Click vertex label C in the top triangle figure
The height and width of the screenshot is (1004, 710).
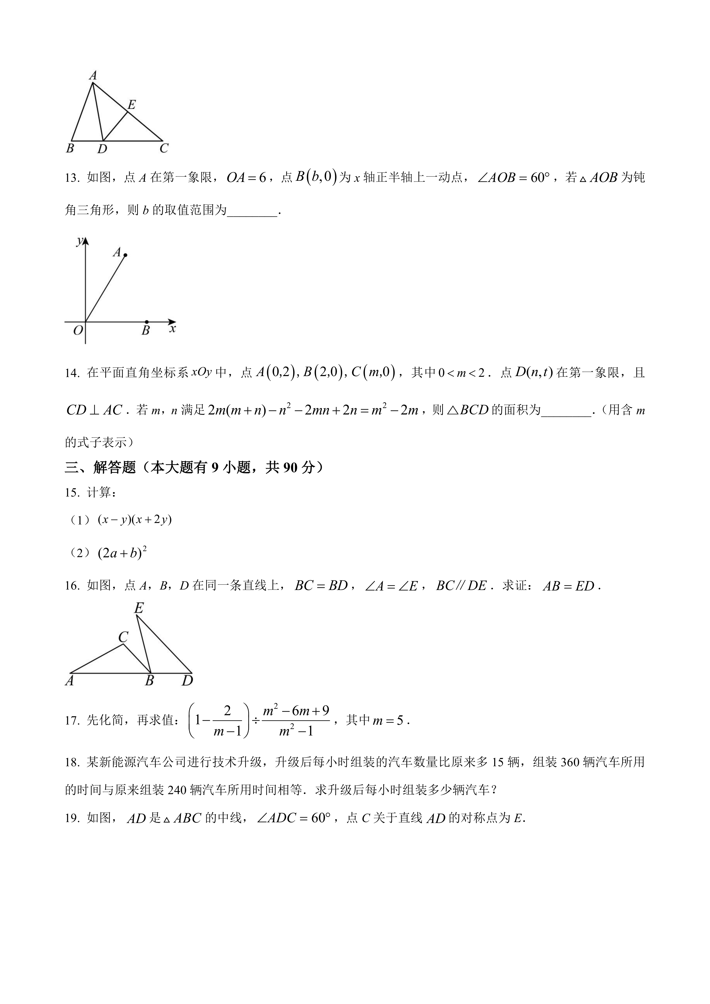pos(164,149)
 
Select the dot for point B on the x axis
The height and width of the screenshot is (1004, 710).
pos(146,322)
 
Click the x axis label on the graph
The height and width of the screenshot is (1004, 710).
pos(173,329)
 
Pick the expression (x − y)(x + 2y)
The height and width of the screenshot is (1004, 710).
pos(135,519)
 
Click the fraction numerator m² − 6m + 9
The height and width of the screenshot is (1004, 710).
pos(296,711)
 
